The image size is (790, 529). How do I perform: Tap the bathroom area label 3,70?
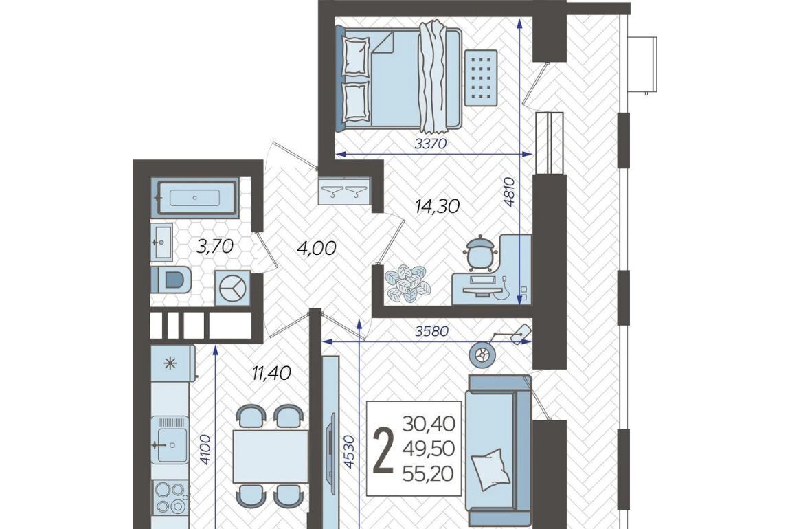pyautogui.click(x=215, y=247)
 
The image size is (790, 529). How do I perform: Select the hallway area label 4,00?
pyautogui.click(x=317, y=248)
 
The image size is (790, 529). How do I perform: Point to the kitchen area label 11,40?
pyautogui.click(x=271, y=373)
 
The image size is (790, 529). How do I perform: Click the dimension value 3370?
pyautogui.click(x=431, y=144)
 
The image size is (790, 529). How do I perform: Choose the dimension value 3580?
pyautogui.click(x=432, y=332)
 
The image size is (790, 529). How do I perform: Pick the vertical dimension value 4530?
pyautogui.click(x=349, y=451)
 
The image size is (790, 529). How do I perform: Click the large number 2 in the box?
pyautogui.click(x=383, y=451)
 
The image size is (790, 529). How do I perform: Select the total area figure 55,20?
pyautogui.click(x=428, y=473)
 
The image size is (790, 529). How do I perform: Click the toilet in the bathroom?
pyautogui.click(x=171, y=280)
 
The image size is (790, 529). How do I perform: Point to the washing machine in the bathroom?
pyautogui.click(x=232, y=288)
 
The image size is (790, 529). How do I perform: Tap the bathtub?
pyautogui.click(x=196, y=197)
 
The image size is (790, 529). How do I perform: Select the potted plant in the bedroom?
pyautogui.click(x=407, y=284)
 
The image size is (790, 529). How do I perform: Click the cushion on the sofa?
pyautogui.click(x=488, y=469)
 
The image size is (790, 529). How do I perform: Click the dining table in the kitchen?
pyautogui.click(x=271, y=456)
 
